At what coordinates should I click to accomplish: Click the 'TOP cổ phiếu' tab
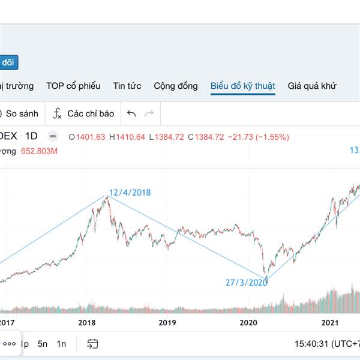pyautogui.click(x=73, y=86)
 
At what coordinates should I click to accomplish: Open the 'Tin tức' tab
pyautogui.click(x=127, y=86)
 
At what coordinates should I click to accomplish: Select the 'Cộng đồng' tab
pyautogui.click(x=176, y=86)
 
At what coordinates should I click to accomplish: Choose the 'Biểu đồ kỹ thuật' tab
pyautogui.click(x=243, y=86)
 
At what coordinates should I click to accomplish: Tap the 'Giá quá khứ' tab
pyautogui.click(x=313, y=86)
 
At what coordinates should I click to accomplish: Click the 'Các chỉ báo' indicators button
pyautogui.click(x=84, y=113)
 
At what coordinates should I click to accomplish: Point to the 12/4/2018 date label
pyautogui.click(x=130, y=193)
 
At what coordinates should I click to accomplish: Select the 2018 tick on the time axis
pyautogui.click(x=87, y=323)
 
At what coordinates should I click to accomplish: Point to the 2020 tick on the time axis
pyautogui.click(x=248, y=323)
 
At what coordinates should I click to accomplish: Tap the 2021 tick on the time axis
pyautogui.click(x=329, y=323)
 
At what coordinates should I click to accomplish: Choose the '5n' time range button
pyautogui.click(x=43, y=344)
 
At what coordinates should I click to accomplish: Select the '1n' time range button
pyautogui.click(x=62, y=344)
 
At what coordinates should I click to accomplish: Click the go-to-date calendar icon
pyautogui.click(x=92, y=344)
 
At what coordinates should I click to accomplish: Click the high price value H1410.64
pyautogui.click(x=127, y=136)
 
